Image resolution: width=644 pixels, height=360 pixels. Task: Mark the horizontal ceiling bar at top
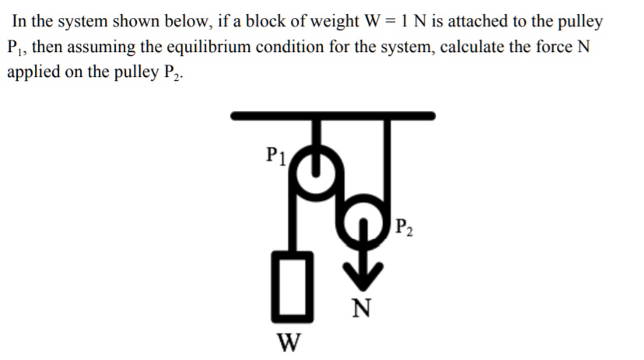pyautogui.click(x=333, y=116)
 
